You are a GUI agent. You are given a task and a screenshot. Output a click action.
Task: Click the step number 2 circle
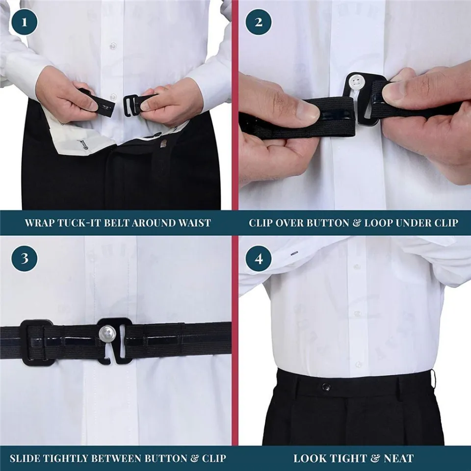259,22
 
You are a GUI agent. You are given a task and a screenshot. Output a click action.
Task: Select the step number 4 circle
259,259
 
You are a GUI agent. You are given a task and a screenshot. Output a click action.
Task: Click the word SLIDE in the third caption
25,459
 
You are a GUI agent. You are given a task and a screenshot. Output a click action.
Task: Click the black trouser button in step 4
326,387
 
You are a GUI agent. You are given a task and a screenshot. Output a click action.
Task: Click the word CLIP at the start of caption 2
262,223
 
